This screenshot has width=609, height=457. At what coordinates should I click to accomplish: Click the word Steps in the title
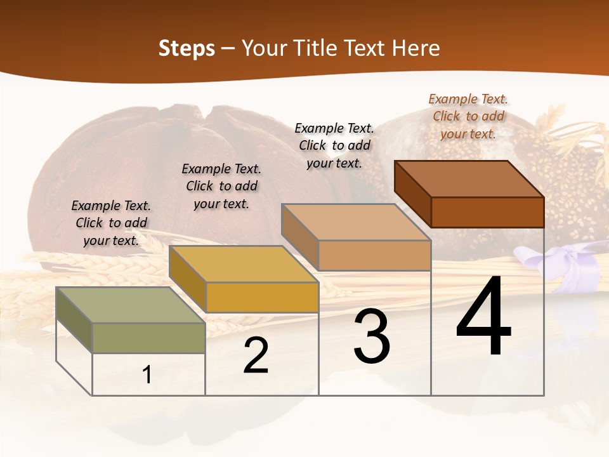point(187,48)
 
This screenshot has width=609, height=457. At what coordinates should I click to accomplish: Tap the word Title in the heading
point(317,48)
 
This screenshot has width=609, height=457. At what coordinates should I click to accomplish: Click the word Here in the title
point(416,48)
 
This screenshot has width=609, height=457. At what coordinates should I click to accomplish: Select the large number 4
point(483,317)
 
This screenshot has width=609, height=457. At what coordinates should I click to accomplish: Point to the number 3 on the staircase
point(372,336)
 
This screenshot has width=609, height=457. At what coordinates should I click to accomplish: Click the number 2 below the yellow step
point(256,356)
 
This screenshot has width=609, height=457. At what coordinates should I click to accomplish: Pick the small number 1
point(147,375)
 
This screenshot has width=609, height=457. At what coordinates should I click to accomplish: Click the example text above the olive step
point(111,223)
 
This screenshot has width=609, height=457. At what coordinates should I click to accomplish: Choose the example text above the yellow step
point(221,186)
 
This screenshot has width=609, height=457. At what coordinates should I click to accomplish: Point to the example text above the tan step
point(334,145)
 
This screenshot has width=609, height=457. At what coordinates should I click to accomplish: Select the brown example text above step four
point(468,116)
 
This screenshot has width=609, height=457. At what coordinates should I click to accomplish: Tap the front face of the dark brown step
point(487,212)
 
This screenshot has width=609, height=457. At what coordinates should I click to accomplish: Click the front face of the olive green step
point(148,338)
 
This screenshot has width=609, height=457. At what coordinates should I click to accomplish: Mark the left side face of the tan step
point(299,237)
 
